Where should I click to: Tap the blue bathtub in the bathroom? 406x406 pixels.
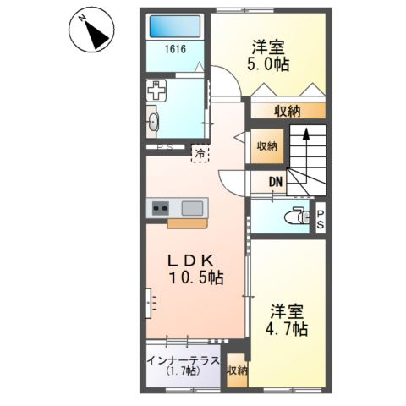point(175,26)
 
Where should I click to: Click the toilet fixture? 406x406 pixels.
point(295,215)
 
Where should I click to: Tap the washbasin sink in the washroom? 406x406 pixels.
point(153,121)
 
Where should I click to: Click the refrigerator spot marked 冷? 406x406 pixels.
point(200,154)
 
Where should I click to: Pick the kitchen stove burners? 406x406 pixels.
point(161,206)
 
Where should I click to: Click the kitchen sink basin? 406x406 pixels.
point(193,206)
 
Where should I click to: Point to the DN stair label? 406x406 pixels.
point(276,181)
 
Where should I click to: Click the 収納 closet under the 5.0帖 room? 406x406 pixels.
point(288,110)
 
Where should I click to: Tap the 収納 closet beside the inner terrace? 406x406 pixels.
point(237,370)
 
